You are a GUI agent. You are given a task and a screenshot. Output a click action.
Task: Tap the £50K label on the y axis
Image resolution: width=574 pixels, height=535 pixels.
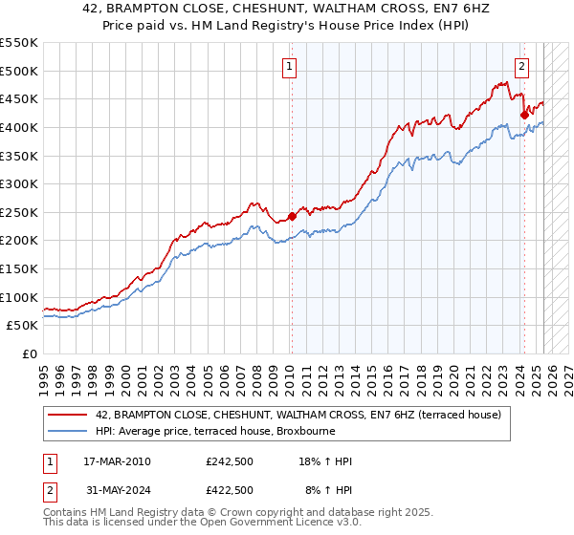click(x=21, y=326)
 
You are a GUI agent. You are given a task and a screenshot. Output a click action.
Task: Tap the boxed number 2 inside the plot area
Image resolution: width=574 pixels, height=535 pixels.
click(x=522, y=66)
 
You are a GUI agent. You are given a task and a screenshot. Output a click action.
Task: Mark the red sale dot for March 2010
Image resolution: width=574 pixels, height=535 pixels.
click(x=292, y=216)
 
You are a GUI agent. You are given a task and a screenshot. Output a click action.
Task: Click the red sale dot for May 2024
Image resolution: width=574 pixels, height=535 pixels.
click(x=524, y=115)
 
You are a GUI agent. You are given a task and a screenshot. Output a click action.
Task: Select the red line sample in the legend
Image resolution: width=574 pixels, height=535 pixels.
click(x=68, y=415)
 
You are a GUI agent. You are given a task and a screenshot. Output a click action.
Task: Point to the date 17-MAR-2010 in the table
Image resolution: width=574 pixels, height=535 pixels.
click(x=116, y=461)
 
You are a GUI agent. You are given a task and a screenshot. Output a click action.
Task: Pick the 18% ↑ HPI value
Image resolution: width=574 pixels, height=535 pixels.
click(x=328, y=461)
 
